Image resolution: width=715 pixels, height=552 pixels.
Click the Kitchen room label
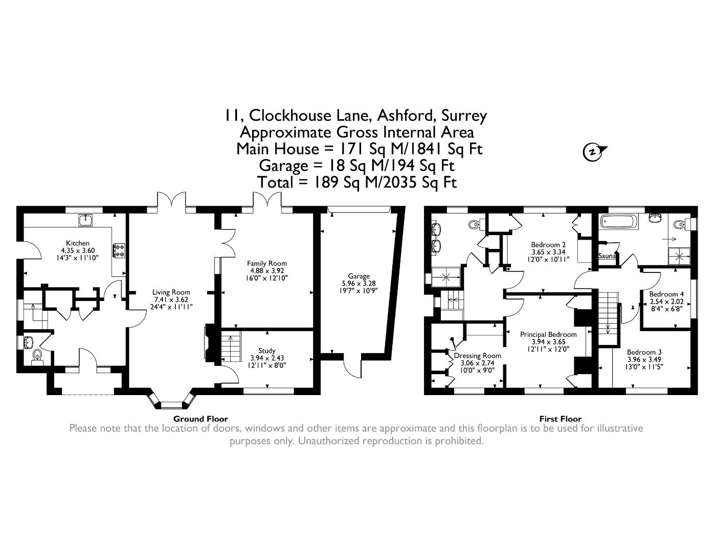click(77, 243)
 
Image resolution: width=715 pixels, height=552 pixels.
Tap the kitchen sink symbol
click(85, 220)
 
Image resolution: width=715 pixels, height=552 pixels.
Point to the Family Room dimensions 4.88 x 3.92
click(266, 271)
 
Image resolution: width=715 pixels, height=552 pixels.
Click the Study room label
click(266, 351)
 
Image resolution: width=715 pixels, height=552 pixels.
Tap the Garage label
click(359, 276)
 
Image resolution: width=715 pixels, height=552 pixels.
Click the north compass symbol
click(593, 152)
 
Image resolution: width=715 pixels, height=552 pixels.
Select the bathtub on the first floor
click(619, 222)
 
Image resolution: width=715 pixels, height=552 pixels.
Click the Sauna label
click(607, 256)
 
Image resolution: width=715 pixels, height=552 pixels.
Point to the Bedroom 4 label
click(666, 294)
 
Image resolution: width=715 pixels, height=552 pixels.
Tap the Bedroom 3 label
click(644, 352)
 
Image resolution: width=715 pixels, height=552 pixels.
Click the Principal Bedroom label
click(548, 334)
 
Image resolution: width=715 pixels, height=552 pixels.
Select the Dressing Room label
click(477, 356)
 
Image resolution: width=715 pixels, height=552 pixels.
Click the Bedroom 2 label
click(548, 244)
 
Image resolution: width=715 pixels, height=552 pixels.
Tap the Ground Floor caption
click(200, 419)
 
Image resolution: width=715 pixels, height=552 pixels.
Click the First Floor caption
click(560, 419)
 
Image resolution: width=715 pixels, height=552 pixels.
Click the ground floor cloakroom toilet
click(37, 355)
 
